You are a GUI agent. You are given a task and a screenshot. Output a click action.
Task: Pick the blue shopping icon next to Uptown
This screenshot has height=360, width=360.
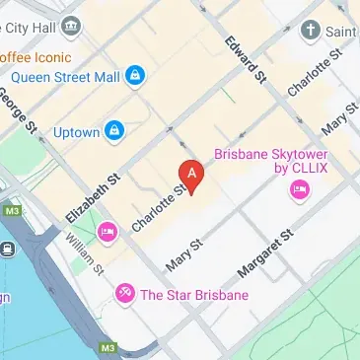(x=114, y=129)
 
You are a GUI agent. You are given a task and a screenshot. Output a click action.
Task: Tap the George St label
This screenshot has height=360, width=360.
(x=17, y=110)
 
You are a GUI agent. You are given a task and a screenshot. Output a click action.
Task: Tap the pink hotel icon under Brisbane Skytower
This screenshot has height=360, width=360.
(x=299, y=200)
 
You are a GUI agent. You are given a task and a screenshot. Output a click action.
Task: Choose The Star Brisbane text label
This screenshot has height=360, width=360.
(x=193, y=294)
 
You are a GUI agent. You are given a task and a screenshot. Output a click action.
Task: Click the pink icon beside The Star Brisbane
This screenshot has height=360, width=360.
(x=124, y=293)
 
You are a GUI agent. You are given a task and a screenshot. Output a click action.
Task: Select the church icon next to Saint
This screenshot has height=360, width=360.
(x=312, y=31)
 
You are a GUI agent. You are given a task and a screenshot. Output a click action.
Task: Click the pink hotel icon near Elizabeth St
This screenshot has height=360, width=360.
(x=107, y=233)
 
